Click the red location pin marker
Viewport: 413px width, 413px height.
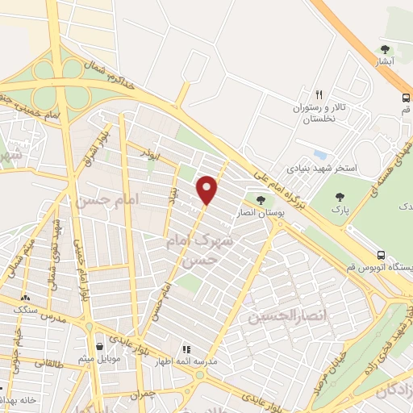pos(208,190)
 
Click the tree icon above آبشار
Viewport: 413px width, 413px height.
pos(386,49)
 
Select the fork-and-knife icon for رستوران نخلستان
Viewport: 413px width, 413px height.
pos(319,94)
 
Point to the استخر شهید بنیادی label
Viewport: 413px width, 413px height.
pos(320,170)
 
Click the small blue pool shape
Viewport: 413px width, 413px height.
pos(321,153)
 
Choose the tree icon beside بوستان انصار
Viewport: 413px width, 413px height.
pos(260,200)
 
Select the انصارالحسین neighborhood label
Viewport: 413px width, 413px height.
pos(278,317)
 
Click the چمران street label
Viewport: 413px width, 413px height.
pos(142,394)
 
